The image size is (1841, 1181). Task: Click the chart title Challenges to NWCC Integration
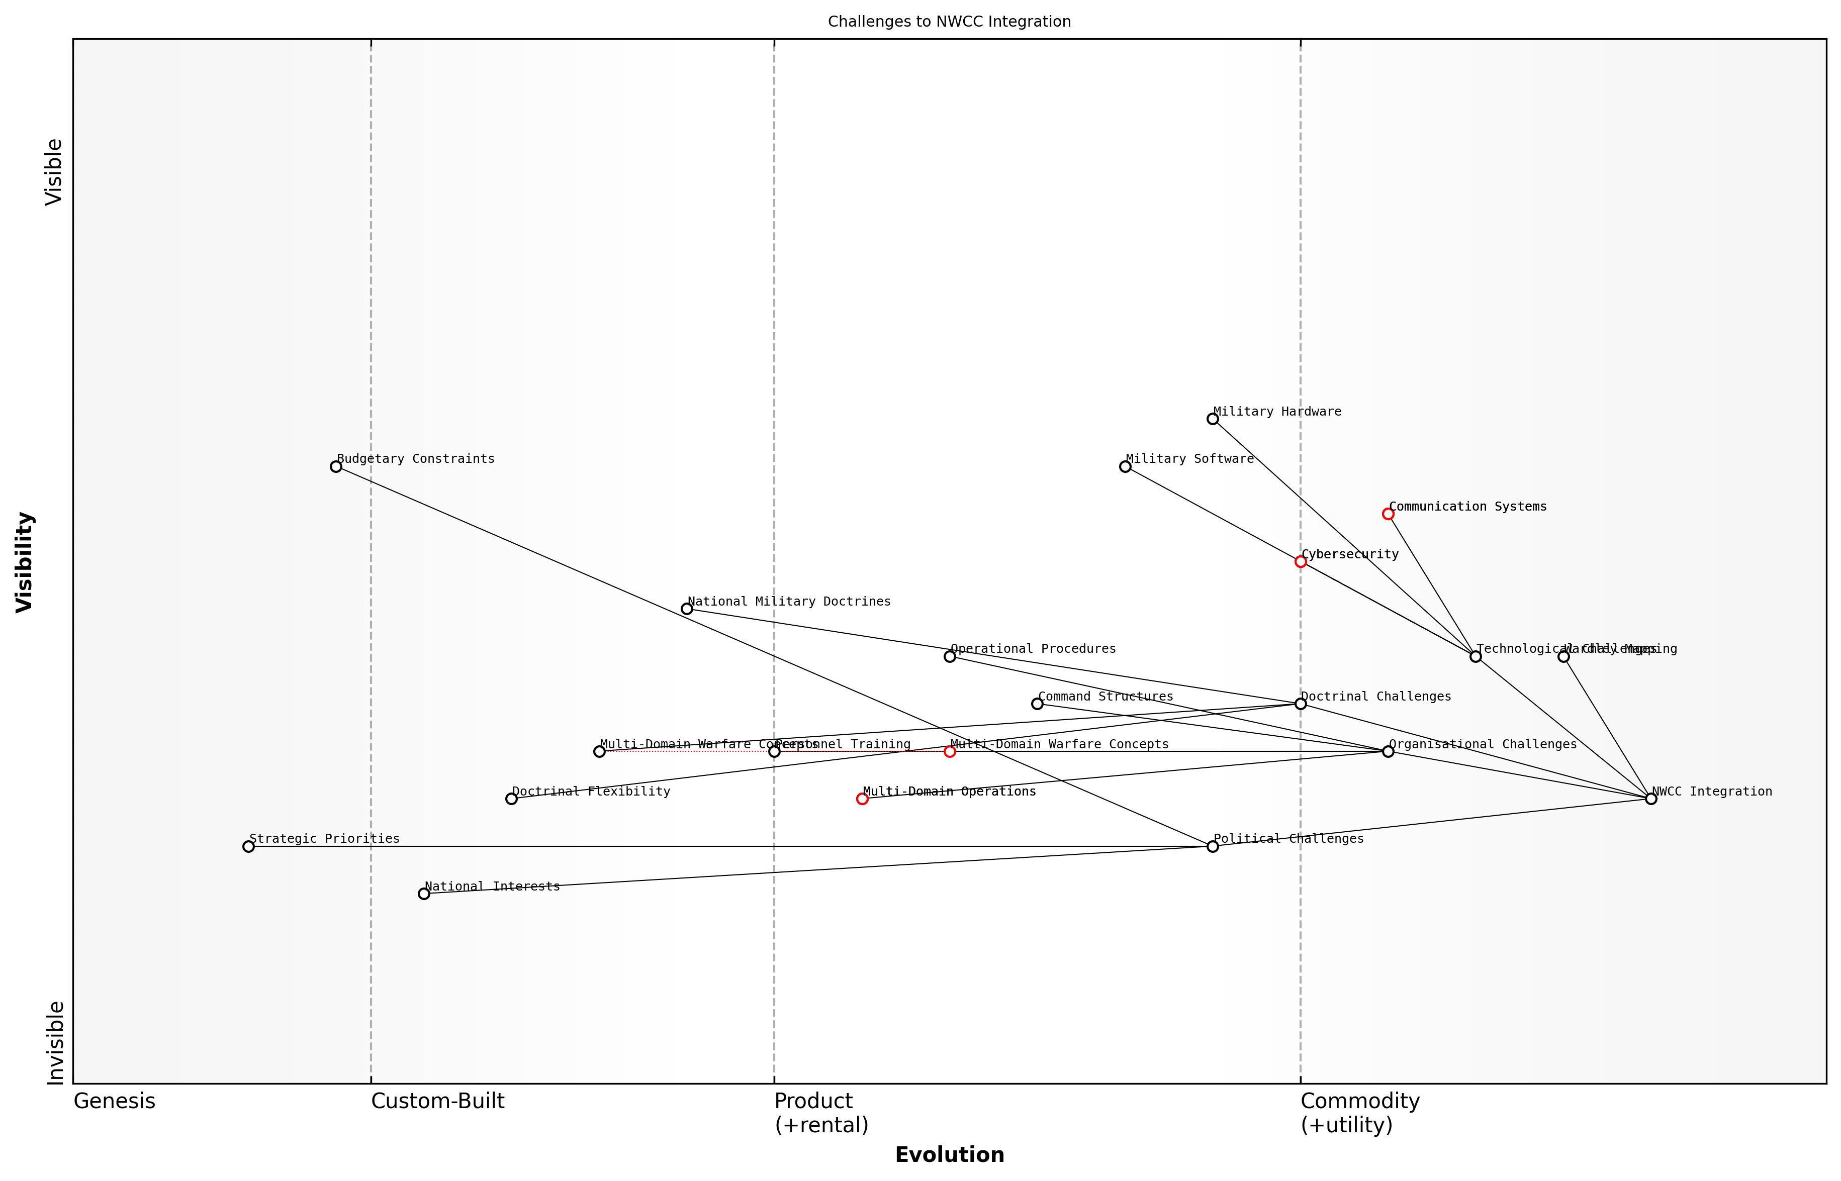(949, 22)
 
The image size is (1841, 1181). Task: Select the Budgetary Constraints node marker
(336, 466)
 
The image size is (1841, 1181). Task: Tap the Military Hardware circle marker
(1213, 419)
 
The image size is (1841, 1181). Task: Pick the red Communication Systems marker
(1388, 514)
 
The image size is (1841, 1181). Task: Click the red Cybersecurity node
(1300, 561)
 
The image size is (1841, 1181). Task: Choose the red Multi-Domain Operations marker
(862, 799)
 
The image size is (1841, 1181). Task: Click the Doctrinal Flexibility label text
(591, 792)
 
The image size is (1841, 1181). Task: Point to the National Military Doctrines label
(789, 601)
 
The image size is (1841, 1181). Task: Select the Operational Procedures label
(1033, 649)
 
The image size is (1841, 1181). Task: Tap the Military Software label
(1189, 459)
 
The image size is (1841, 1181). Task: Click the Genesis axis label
(114, 1101)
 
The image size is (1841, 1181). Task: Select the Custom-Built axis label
(437, 1101)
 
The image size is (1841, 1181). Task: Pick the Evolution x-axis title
(949, 1155)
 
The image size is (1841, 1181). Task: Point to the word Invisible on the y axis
(55, 1042)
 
